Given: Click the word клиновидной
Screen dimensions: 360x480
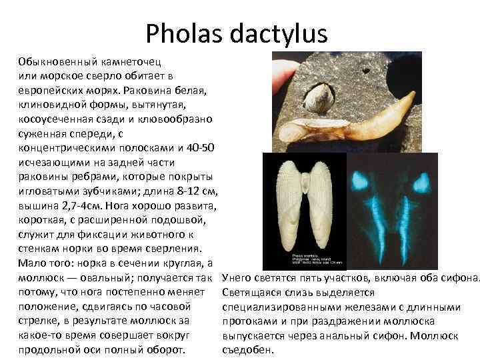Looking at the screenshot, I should [50, 104].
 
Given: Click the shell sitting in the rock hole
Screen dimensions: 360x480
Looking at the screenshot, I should [315, 101].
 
